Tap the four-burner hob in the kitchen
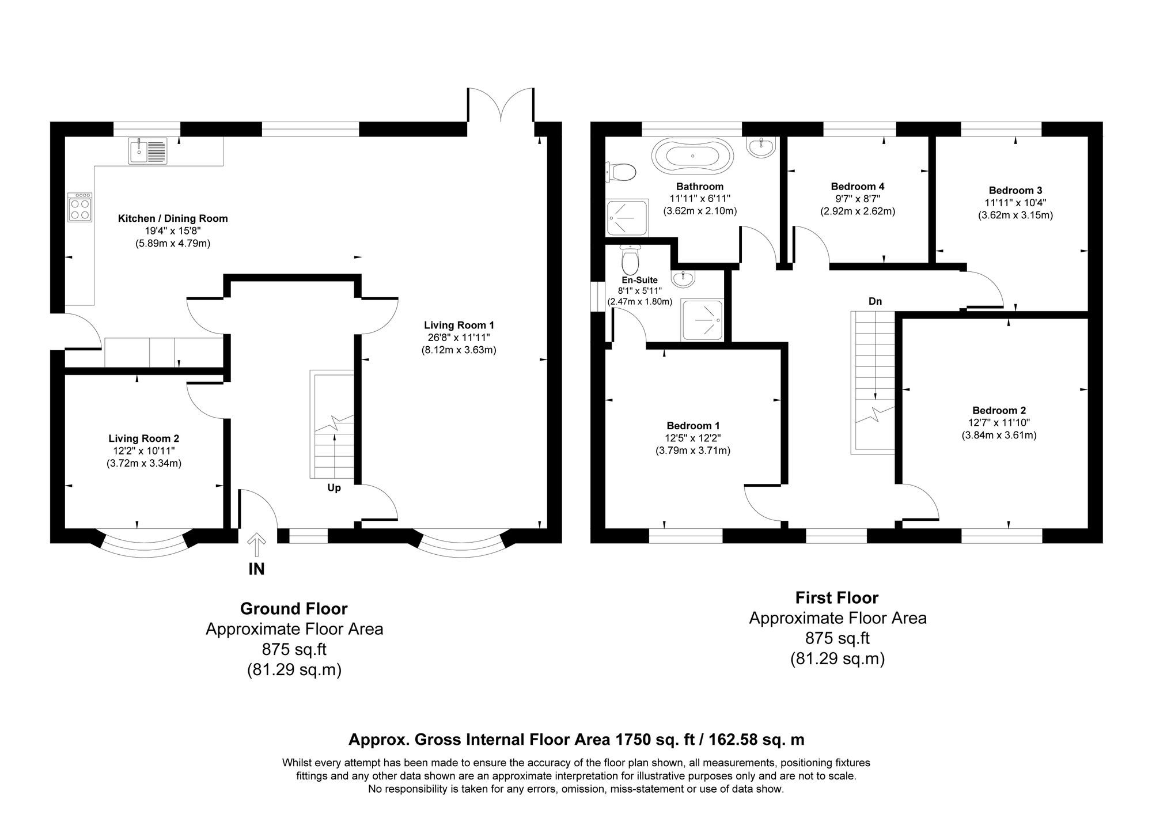(79, 207)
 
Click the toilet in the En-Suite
(631, 260)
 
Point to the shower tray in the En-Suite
(702, 320)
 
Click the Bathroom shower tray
(627, 217)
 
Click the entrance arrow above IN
(256, 545)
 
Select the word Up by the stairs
(334, 488)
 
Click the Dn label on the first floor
(875, 301)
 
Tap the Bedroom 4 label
(857, 187)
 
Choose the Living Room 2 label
(144, 439)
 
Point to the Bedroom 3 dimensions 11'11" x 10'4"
(1015, 203)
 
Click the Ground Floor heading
(294, 608)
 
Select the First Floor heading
(837, 597)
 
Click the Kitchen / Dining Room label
(173, 219)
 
